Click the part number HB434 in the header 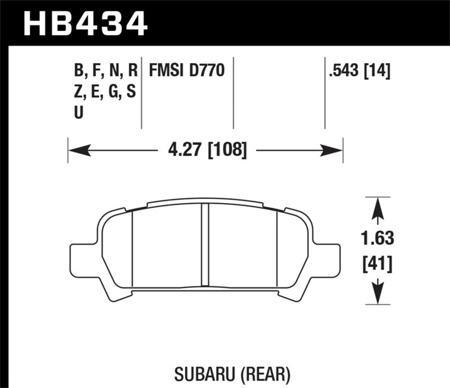[84, 24]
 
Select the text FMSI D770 [187, 71]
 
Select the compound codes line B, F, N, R [105, 71]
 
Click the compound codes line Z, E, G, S [104, 92]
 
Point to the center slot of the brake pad [205, 247]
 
